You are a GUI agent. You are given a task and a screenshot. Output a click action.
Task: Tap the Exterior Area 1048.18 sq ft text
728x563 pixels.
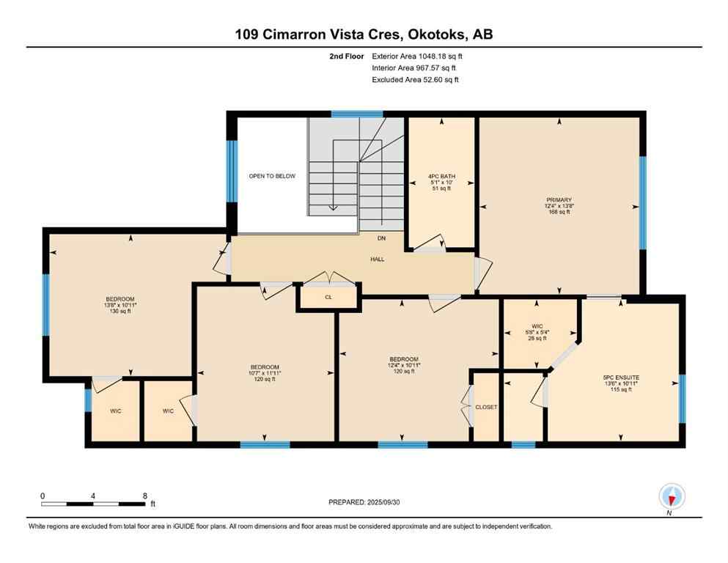[x=417, y=56]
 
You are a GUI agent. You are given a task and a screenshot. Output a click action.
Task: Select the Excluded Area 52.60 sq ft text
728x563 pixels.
[x=415, y=80]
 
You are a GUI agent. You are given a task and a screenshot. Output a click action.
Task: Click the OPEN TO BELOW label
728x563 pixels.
[x=272, y=177]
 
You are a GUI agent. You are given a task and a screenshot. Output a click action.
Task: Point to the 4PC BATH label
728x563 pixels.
[x=441, y=176]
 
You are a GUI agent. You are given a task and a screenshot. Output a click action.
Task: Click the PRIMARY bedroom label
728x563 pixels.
[x=558, y=200]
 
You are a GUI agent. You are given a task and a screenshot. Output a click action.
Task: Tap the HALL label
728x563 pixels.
[x=377, y=259]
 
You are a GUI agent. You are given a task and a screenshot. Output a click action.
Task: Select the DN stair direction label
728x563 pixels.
[x=380, y=238]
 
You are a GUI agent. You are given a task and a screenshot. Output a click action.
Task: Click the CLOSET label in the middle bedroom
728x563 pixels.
[x=486, y=407]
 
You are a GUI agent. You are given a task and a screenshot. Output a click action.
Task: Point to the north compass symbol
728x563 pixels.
[x=672, y=496]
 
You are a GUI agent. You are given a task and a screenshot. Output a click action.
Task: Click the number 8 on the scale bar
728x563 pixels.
[x=145, y=496]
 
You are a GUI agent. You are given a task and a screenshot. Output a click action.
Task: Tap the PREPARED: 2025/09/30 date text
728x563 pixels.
[x=364, y=502]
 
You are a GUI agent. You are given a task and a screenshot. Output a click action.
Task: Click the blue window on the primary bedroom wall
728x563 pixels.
[x=643, y=202]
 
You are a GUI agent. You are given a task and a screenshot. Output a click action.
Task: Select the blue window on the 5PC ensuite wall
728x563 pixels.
[x=682, y=399]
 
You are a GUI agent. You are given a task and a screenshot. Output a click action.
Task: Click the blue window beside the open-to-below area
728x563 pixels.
[x=232, y=170]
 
